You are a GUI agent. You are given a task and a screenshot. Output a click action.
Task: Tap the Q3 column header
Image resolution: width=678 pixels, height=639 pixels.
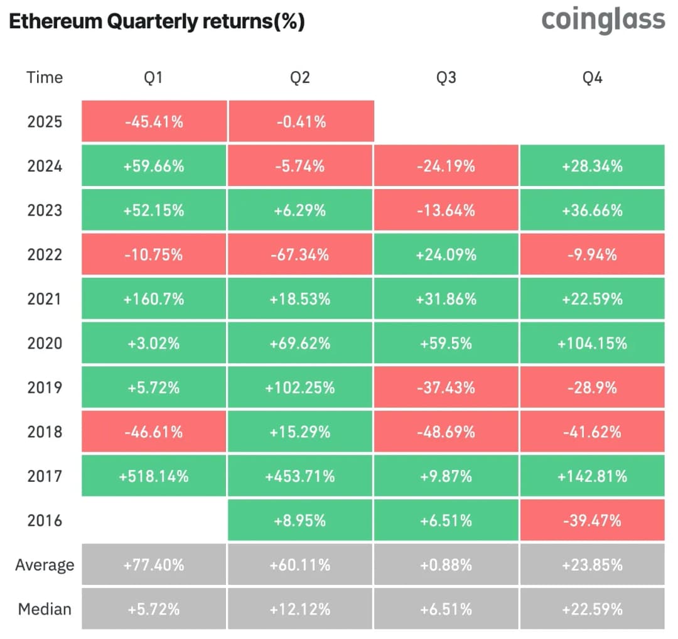(446, 77)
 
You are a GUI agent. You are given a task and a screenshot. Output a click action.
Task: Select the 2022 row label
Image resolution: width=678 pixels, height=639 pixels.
(45, 254)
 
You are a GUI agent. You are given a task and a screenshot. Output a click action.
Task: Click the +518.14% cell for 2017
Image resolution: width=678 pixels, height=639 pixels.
(154, 476)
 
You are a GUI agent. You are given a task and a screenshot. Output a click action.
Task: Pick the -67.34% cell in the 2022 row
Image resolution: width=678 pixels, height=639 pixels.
(301, 254)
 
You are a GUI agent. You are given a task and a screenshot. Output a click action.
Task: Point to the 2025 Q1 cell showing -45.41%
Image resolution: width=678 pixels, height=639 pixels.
(154, 121)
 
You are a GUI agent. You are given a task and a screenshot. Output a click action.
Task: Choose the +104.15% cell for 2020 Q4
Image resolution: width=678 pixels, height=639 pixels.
(592, 343)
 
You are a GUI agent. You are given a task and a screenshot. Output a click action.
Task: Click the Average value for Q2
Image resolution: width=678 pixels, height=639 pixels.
(301, 564)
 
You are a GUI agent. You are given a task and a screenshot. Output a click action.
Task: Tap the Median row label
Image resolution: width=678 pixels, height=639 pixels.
(45, 609)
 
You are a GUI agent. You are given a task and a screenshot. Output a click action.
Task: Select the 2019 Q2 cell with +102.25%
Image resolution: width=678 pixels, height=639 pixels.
(301, 387)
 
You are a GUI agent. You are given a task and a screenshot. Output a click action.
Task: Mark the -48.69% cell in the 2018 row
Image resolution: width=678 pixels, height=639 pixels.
(446, 432)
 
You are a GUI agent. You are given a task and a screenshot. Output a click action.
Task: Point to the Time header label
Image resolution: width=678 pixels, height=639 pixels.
(45, 77)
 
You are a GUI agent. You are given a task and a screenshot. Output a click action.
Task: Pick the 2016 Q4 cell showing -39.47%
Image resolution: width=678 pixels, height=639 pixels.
(592, 520)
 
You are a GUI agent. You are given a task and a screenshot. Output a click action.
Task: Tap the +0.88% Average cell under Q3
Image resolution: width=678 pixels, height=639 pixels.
(446, 564)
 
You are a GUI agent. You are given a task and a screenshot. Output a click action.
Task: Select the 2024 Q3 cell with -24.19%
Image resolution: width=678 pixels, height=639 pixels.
(446, 166)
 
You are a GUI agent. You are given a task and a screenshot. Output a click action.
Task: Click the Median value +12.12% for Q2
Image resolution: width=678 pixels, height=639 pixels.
(301, 609)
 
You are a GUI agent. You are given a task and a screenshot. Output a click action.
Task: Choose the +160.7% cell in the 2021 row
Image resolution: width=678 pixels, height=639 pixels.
(154, 298)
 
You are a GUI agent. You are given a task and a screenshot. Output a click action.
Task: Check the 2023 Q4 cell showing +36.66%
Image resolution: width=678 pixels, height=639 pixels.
(592, 210)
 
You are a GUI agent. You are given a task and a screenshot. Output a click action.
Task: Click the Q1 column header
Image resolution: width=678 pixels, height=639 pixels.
(154, 77)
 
